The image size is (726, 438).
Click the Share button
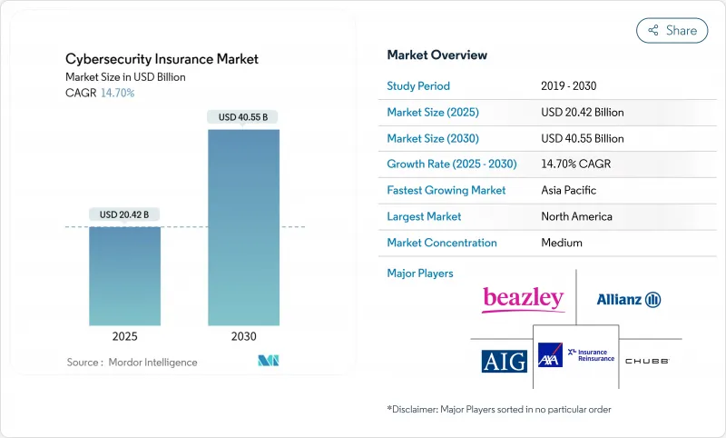coord(672,30)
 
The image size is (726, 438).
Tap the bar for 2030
coord(243,227)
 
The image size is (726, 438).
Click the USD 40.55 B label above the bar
coord(243,116)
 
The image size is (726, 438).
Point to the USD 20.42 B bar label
coord(125,214)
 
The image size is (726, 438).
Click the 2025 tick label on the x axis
coord(125,336)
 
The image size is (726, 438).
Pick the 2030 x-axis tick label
coord(243,336)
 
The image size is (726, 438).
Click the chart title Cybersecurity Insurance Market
coord(162,59)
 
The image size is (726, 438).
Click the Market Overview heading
coord(437,55)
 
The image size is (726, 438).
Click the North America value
coord(576,216)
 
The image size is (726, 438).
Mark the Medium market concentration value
coord(562,243)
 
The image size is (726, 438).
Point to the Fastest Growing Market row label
coord(446,191)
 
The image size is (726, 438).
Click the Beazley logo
coord(524,298)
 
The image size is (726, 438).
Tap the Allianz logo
coord(628,299)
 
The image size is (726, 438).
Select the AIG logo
coord(504,361)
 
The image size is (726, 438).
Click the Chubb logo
coord(647,361)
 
